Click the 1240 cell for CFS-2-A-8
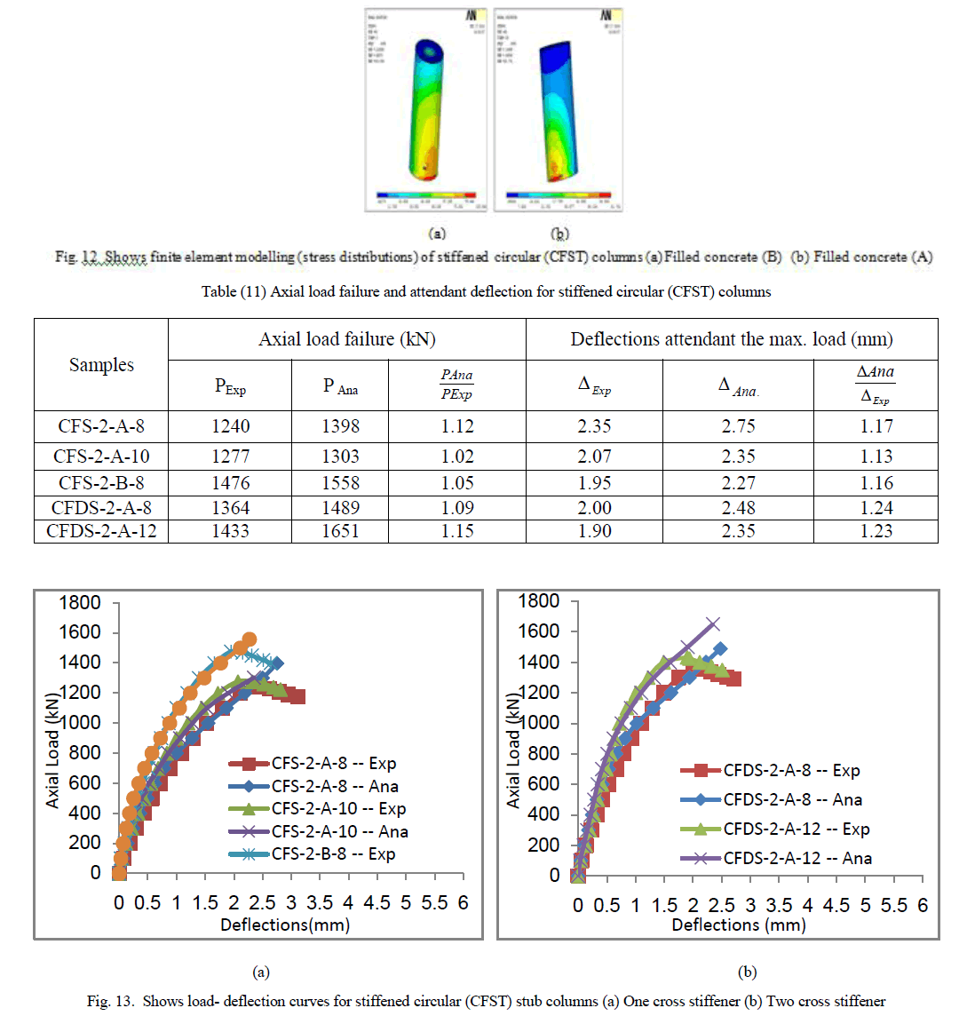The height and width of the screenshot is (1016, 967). point(230,426)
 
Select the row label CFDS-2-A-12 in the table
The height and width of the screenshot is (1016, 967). point(101,531)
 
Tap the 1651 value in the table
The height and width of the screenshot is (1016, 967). point(341,531)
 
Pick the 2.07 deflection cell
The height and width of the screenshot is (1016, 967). point(594,456)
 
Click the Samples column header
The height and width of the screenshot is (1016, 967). point(101,365)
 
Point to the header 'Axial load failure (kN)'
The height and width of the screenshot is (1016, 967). point(346,339)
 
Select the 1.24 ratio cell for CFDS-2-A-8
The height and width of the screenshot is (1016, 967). point(876,508)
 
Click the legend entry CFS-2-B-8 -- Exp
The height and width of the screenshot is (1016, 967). point(334,854)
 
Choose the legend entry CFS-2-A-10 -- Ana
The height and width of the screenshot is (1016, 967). point(340,832)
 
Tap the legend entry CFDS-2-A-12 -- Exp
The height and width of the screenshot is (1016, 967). point(797,829)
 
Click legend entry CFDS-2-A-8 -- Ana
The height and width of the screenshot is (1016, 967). point(792,800)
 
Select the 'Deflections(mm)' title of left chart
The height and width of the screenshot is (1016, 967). point(285,925)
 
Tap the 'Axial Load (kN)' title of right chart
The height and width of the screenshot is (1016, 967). point(513,751)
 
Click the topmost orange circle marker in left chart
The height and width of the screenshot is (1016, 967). point(250,639)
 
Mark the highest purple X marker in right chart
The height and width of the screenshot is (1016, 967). point(712,624)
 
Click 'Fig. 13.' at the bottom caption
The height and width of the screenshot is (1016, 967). point(108,1001)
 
